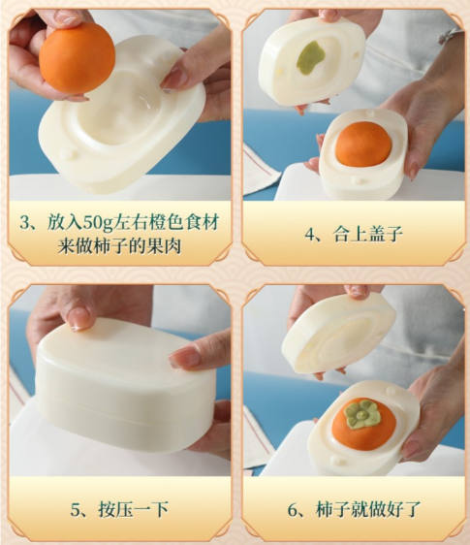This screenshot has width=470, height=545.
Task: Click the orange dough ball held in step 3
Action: coord(77,61)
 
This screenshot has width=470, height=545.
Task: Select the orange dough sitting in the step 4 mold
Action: coord(363,144)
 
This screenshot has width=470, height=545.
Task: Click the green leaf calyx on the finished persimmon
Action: coord(362,414)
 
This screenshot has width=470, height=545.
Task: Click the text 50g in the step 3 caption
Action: coord(98,223)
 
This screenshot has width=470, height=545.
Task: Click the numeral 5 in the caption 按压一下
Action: coord(77,509)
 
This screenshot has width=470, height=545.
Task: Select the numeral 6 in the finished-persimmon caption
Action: coord(294,509)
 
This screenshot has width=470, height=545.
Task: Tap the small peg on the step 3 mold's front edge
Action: coord(67,154)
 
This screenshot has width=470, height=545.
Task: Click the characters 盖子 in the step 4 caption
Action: coord(386,234)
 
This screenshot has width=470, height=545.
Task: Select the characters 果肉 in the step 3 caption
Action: coord(164,246)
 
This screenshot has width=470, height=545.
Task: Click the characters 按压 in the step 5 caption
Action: coord(115,509)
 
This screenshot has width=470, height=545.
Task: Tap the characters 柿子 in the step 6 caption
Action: coord(332,509)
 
